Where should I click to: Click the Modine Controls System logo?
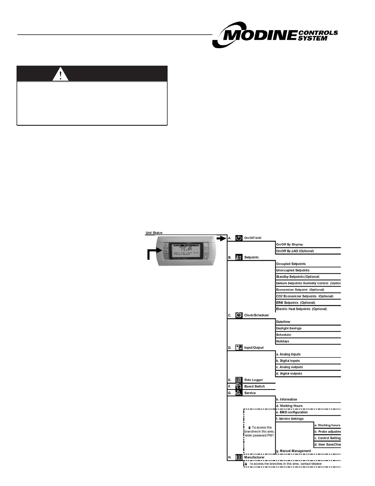(x=275, y=35)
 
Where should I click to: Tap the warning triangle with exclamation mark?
(x=60, y=74)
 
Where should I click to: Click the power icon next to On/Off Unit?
(x=239, y=238)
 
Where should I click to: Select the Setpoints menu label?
(x=251, y=257)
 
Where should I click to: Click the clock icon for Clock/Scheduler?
(x=239, y=315)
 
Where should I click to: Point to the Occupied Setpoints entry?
(x=291, y=264)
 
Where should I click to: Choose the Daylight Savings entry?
(x=289, y=328)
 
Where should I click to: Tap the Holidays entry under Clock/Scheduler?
(x=282, y=341)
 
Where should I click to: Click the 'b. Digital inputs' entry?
(x=288, y=361)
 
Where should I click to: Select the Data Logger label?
(x=253, y=380)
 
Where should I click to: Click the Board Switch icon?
(x=239, y=387)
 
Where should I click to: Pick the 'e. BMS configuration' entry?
(x=292, y=412)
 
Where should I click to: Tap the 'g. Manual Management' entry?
(x=293, y=451)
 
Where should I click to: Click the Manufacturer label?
(x=254, y=457)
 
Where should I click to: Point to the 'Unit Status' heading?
(x=154, y=233)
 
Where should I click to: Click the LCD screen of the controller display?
(x=186, y=250)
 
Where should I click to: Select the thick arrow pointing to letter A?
(x=221, y=238)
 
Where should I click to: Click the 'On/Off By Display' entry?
(x=289, y=245)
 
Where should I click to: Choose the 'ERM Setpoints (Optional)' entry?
(x=295, y=303)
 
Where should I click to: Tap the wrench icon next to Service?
(x=239, y=393)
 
